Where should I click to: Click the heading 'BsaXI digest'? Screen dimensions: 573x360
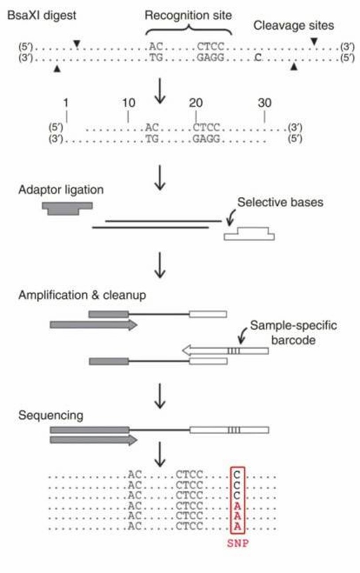pyautogui.click(x=42, y=16)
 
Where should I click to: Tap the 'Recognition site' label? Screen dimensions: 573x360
pyautogui.click(x=188, y=16)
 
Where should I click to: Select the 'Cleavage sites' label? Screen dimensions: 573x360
pyautogui.click(x=293, y=26)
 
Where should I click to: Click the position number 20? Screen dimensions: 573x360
pyautogui.click(x=195, y=103)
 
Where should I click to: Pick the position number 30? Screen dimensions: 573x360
pyautogui.click(x=264, y=103)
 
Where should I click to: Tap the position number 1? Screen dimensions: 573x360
pyautogui.click(x=66, y=103)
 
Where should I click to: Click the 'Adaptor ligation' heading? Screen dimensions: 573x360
pyautogui.click(x=61, y=190)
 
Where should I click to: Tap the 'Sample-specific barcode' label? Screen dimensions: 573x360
pyautogui.click(x=293, y=332)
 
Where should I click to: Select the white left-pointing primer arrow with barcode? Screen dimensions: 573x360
pyautogui.click(x=225, y=351)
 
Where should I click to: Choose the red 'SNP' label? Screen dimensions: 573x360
pyautogui.click(x=238, y=543)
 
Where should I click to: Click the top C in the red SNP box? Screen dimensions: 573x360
pyautogui.click(x=238, y=475)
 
